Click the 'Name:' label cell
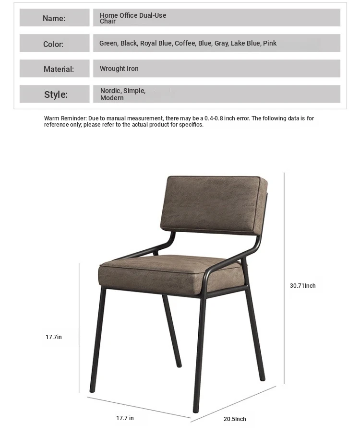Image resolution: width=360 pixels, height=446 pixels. pyautogui.click(x=54, y=18)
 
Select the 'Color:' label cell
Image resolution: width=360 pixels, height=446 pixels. pyautogui.click(x=54, y=44)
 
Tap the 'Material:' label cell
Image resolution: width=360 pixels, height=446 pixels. pyautogui.click(x=54, y=69)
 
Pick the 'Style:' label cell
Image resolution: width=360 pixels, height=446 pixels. pyautogui.click(x=54, y=94)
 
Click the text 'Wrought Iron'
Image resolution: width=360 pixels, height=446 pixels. pyautogui.click(x=119, y=69)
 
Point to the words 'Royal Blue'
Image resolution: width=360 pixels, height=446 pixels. pyautogui.click(x=156, y=43)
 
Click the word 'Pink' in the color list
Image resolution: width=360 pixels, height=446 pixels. pyautogui.click(x=270, y=43)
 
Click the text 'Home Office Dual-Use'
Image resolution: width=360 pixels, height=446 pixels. pyautogui.click(x=133, y=15)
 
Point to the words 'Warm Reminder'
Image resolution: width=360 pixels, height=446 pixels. pyautogui.click(x=65, y=118)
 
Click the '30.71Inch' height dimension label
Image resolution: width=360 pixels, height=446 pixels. pyautogui.click(x=303, y=286)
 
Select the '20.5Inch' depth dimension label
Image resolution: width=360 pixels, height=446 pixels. pyautogui.click(x=235, y=419)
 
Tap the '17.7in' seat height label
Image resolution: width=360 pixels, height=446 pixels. pyautogui.click(x=54, y=337)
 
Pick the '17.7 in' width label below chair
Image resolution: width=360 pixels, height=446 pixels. pyautogui.click(x=125, y=418)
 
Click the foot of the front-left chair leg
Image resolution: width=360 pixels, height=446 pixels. pyautogui.click(x=93, y=390)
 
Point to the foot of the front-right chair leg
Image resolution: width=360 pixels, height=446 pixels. pyautogui.click(x=196, y=410)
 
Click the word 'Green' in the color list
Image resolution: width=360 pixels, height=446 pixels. pyautogui.click(x=108, y=43)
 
